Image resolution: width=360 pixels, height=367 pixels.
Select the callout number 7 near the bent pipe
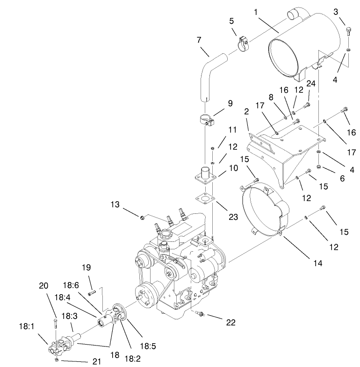pos(200,40)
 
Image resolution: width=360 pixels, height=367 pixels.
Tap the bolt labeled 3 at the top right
pos(348,31)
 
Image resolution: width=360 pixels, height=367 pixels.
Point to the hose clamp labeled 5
pos(243,44)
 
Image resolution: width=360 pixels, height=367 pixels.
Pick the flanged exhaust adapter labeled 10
pos(205,178)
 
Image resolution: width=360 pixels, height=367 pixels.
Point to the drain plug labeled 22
pos(201,316)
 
